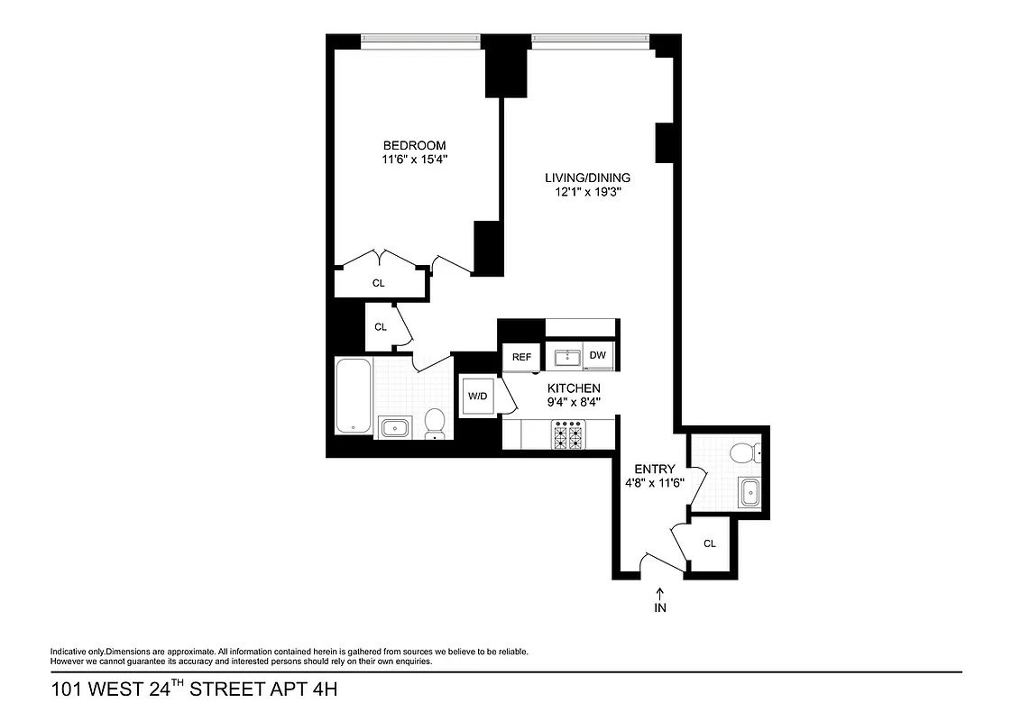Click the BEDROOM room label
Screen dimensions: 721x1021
click(414, 145)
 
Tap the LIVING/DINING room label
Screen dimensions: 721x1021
click(586, 178)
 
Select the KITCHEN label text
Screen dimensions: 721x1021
click(574, 388)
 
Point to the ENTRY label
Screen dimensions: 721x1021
click(654, 469)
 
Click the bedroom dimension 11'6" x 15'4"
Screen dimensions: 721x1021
click(414, 160)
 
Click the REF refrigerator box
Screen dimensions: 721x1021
click(521, 357)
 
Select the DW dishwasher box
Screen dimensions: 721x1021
click(597, 356)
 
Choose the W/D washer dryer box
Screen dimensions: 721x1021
click(476, 396)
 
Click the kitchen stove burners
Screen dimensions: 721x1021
click(569, 436)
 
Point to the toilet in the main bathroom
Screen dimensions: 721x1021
click(436, 423)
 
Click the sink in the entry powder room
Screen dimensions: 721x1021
click(750, 492)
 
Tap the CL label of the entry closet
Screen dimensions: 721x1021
click(709, 543)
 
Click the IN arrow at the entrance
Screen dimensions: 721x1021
click(659, 594)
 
